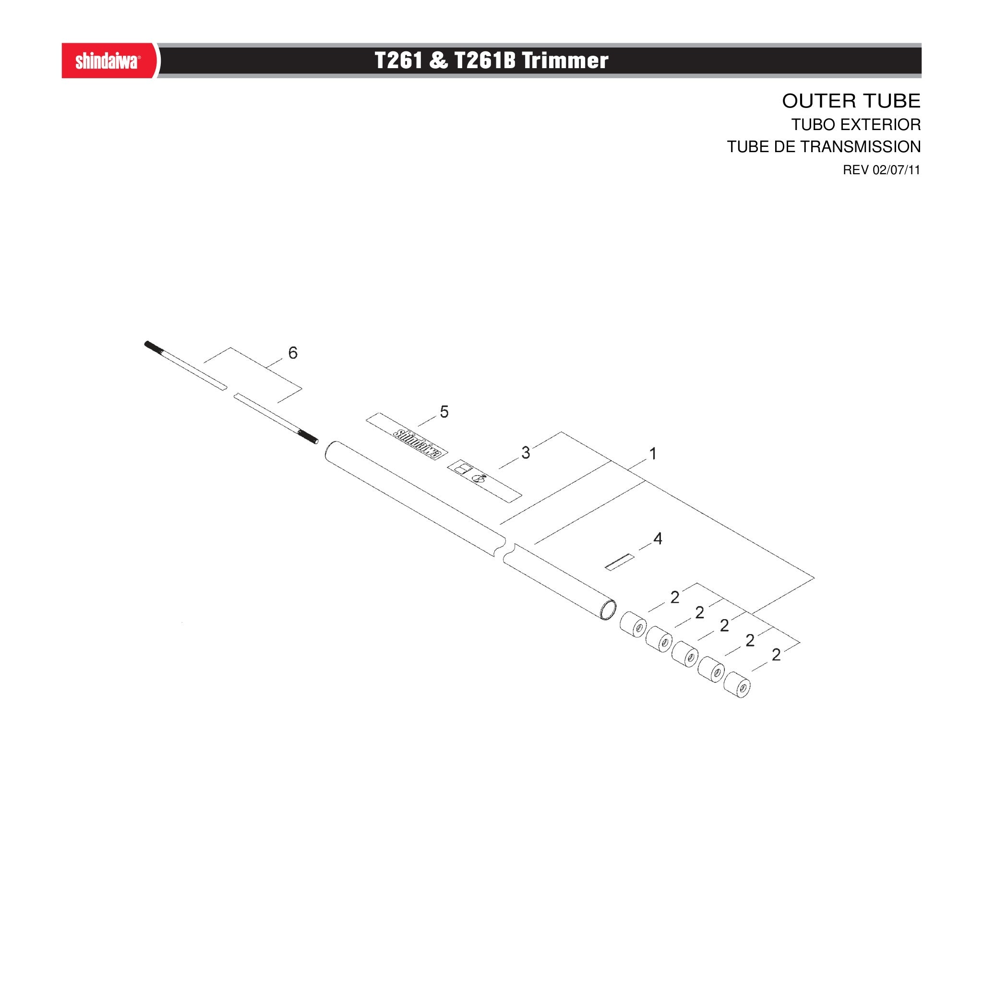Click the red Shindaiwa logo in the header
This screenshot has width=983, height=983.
pos(107,61)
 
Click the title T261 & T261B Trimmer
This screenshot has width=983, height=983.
pos(491,60)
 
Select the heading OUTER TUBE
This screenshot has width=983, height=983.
pos(851,101)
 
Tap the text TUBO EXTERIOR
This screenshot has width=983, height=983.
pos(856,125)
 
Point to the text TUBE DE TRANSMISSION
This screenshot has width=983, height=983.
pos(824,146)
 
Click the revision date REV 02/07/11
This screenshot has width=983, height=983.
pos(881,170)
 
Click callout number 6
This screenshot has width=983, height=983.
pos(293,353)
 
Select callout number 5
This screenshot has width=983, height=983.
pos(444,412)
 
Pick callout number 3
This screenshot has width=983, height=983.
pos(526,453)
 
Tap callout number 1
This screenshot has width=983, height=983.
pos(653,453)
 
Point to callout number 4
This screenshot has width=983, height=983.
pos(658,539)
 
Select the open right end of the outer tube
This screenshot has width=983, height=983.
pos(608,610)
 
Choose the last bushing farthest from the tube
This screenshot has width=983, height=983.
pos(737,684)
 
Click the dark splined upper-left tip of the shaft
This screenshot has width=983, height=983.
pos(153,347)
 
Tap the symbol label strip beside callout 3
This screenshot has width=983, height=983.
pos(485,480)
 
